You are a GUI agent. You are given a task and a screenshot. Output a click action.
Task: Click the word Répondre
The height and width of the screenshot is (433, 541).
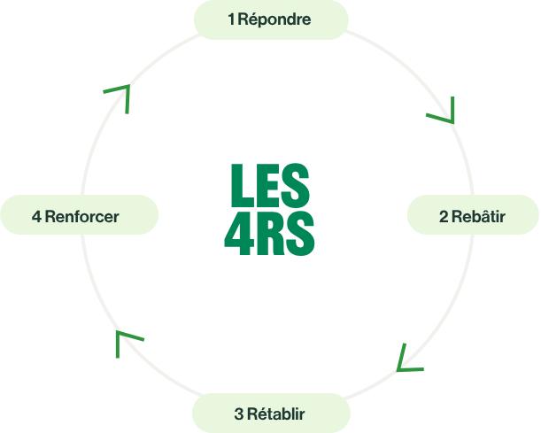pos(274,19)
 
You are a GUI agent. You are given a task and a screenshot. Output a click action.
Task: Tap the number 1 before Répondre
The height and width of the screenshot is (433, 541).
pos(231,19)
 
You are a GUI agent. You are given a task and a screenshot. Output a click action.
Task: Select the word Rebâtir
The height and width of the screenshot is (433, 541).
pos(478,216)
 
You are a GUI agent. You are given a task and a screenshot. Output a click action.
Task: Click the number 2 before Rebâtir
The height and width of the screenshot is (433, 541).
pos(444,217)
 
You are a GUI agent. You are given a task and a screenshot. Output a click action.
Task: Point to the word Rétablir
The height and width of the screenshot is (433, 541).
pos(276,414)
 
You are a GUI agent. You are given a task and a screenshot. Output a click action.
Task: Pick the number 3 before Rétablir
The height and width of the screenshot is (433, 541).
pos(239,414)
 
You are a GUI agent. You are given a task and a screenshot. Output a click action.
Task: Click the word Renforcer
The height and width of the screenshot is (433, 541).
pos(82,217)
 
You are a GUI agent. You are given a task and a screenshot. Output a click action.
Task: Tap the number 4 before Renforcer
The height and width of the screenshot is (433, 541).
pos(36,217)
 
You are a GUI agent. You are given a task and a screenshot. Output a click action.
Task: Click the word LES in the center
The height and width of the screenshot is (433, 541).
pos(270,185)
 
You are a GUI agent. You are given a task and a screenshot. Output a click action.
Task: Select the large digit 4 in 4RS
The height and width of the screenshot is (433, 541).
pos(239,234)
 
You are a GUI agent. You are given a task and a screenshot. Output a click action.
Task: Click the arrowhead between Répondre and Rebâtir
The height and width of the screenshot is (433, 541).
pos(444,111)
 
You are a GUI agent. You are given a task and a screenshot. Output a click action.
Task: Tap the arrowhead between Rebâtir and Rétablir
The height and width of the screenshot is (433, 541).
pos(408,359)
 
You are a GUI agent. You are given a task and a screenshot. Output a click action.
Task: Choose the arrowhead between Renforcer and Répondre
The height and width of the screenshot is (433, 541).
pos(120,96)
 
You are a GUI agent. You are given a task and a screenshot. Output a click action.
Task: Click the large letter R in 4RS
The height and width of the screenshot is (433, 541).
pos(271,234)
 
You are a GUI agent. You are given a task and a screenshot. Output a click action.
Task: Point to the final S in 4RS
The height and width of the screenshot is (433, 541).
pos(300,234)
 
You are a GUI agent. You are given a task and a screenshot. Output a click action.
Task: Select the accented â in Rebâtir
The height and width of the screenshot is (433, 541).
pos(483,216)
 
